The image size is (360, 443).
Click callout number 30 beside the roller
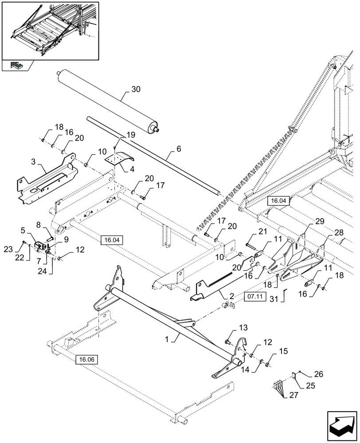pos(136,89)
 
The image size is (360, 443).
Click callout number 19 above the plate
pos(130,135)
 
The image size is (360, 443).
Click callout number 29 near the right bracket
pos(320,221)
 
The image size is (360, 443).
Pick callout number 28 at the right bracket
pos(339,232)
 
